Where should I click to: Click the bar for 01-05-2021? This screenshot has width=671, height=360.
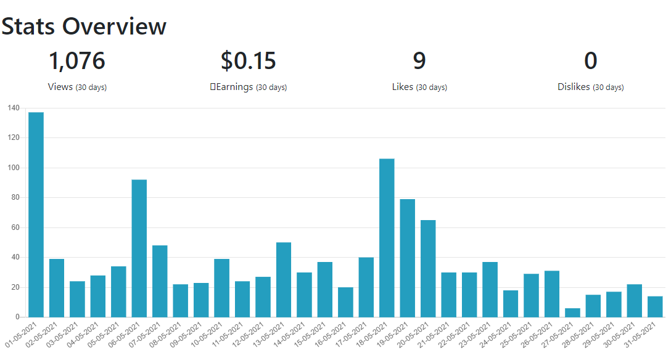[x=36, y=215]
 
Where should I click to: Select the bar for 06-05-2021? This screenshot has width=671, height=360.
[x=139, y=248]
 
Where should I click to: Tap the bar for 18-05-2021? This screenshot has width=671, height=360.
[x=387, y=238]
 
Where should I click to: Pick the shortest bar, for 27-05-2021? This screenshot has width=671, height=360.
[x=572, y=313]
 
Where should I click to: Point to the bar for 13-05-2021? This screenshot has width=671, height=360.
[x=284, y=280]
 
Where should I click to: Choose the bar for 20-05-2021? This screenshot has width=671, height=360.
[x=428, y=269]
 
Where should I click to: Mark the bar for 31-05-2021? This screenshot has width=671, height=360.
[x=655, y=306]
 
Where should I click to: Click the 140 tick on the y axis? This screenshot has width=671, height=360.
[x=14, y=108]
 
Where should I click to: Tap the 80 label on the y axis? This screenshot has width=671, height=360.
[x=15, y=197]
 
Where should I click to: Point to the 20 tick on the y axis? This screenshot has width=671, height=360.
[x=15, y=287]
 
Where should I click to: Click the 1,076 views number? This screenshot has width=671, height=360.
[x=77, y=60]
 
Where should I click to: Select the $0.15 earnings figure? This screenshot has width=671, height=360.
[x=248, y=60]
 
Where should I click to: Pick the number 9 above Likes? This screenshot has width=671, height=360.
[x=419, y=60]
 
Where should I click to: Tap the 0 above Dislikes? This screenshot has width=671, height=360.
[x=591, y=60]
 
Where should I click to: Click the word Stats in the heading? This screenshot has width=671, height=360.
[x=28, y=27]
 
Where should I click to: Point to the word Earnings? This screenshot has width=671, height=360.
[x=234, y=87]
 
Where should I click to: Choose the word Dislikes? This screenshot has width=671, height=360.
[x=574, y=87]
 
